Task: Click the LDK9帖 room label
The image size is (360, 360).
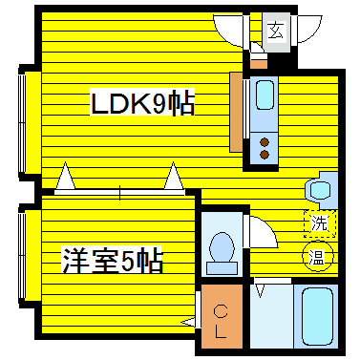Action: (142, 102)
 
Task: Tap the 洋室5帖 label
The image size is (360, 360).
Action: (112, 260)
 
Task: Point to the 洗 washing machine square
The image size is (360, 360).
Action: (321, 223)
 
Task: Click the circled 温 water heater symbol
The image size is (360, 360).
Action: (316, 256)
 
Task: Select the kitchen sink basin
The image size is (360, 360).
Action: (265, 95)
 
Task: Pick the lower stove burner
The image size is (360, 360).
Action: (265, 154)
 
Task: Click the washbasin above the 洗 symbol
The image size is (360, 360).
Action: (320, 189)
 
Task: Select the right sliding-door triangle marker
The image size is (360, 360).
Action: (173, 178)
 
